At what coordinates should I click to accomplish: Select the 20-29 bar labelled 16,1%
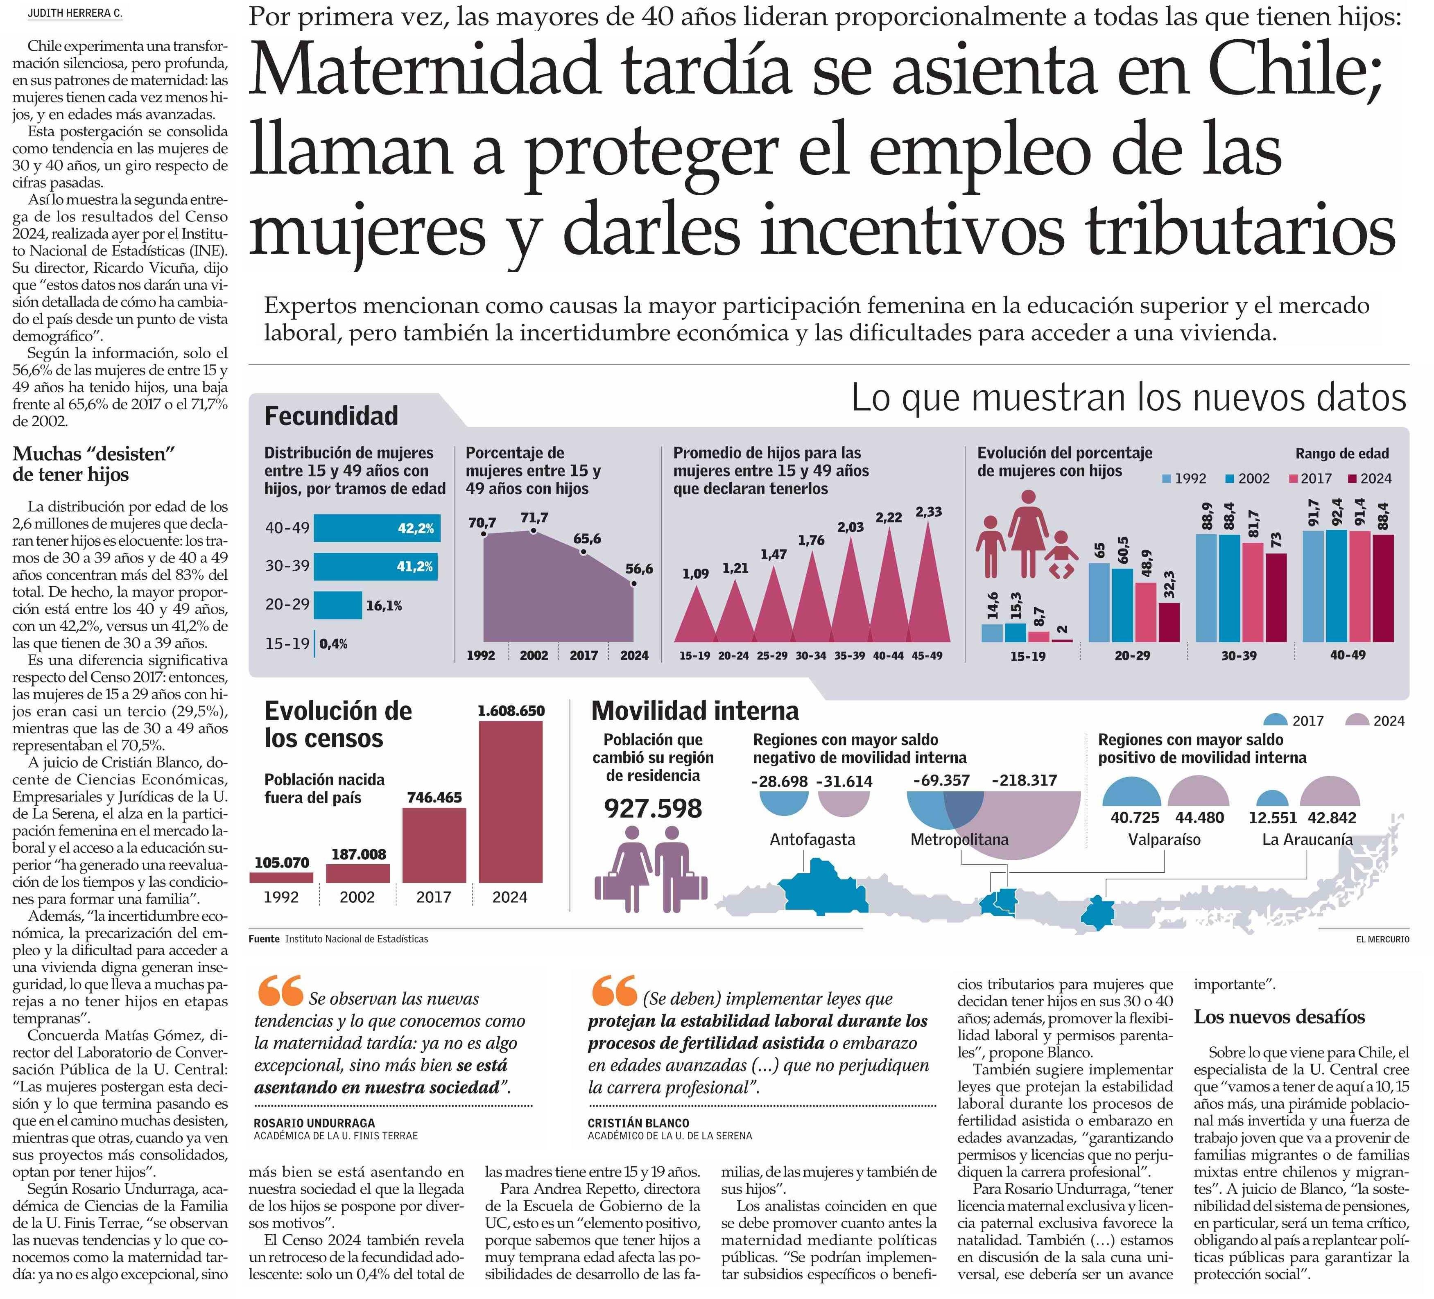pos(338,605)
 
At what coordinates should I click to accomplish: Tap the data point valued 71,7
pos(534,531)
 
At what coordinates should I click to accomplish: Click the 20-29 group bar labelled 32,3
pos(1169,622)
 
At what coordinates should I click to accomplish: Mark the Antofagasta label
pos(812,840)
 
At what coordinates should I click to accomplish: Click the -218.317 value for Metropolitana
pos(1024,780)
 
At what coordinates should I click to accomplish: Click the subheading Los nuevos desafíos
pos(1279,1017)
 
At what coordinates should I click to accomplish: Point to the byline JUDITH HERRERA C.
pos(75,14)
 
